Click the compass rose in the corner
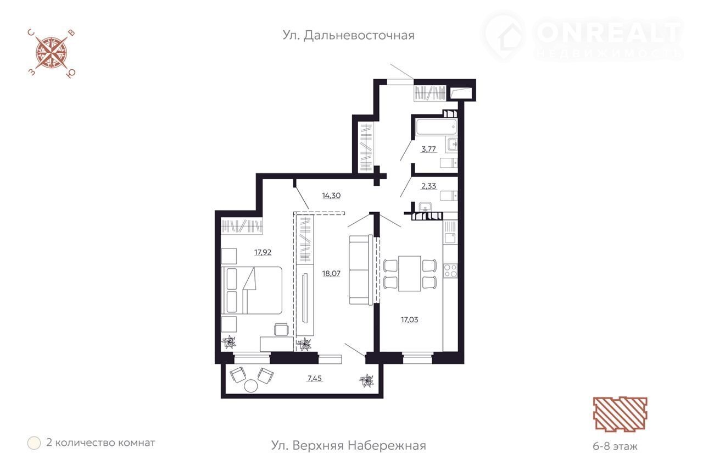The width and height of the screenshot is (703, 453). tap(52, 53)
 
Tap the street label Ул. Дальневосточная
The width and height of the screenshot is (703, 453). tap(348, 35)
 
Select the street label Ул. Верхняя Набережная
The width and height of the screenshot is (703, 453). tap(348, 445)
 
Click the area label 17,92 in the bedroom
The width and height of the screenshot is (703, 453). tap(263, 252)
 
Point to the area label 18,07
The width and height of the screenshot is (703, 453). tap(331, 273)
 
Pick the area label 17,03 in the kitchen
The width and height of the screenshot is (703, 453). tap(409, 320)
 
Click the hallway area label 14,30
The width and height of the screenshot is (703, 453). tap(331, 195)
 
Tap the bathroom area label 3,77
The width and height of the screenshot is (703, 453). tap(428, 149)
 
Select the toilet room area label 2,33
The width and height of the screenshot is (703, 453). tap(428, 186)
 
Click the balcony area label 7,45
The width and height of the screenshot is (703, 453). tap(315, 378)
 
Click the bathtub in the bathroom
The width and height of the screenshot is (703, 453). tap(436, 127)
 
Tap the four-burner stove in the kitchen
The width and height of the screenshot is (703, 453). tap(450, 270)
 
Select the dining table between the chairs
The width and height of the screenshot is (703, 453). tap(410, 274)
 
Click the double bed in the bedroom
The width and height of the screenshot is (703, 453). tap(252, 290)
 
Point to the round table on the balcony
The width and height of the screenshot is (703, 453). tap(251, 386)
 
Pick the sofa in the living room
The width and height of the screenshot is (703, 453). tap(361, 270)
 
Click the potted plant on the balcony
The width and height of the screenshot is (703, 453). tap(366, 381)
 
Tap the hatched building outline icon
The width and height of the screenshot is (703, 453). tap(620, 414)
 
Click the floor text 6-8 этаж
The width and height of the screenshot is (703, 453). tap(615, 446)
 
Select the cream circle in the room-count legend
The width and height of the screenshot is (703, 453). tap(34, 443)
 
